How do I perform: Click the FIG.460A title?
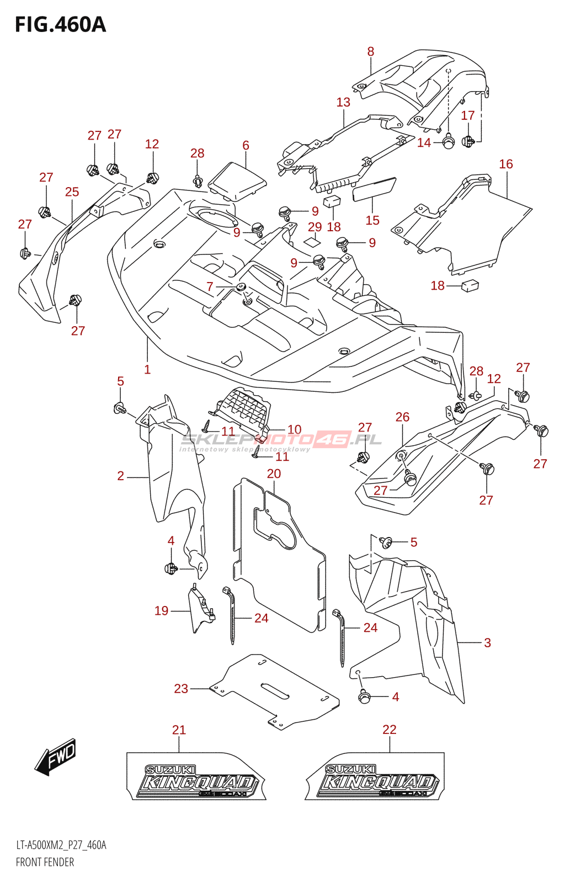pyautogui.click(x=60, y=25)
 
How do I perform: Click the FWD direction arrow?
pyautogui.click(x=56, y=756)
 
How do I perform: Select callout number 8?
pyautogui.click(x=371, y=52)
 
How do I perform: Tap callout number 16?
pyautogui.click(x=506, y=164)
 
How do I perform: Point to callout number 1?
pyautogui.click(x=147, y=370)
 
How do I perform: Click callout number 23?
pyautogui.click(x=181, y=689)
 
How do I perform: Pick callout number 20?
pyautogui.click(x=274, y=474)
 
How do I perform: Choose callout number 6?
pyautogui.click(x=246, y=145)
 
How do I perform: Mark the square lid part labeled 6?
pyautogui.click(x=237, y=179)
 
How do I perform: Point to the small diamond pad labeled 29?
pyautogui.click(x=312, y=241)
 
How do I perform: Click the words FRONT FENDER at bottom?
pyautogui.click(x=45, y=862)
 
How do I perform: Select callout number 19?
pyautogui.click(x=161, y=611)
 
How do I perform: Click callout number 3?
pyautogui.click(x=487, y=643)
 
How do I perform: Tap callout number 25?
pyautogui.click(x=72, y=192)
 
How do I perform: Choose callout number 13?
pyautogui.click(x=343, y=103)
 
